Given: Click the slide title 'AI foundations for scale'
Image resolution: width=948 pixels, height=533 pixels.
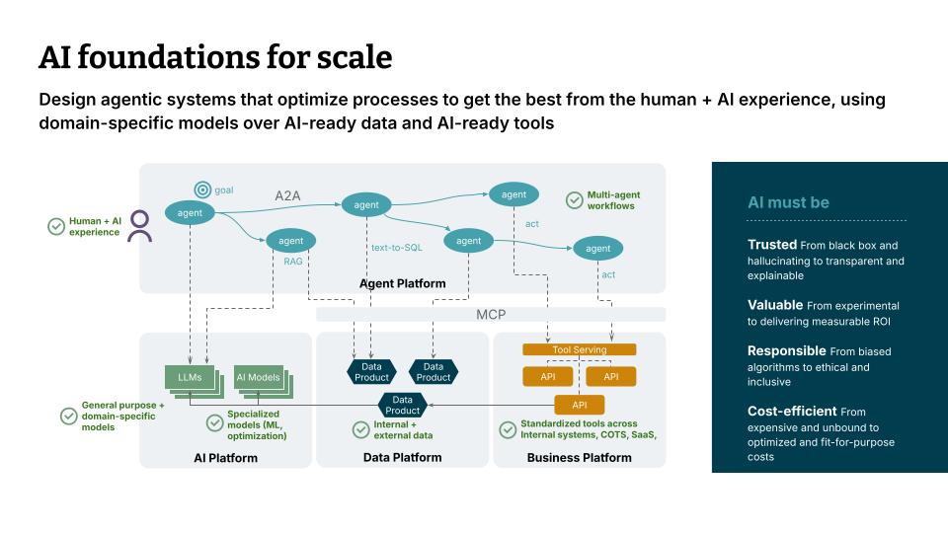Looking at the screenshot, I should click(214, 58).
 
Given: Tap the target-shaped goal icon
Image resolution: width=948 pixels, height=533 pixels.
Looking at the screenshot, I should click(202, 190).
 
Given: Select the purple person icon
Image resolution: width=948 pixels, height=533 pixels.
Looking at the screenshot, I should click(140, 226).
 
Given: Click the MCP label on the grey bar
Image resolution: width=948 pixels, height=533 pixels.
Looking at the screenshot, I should click(490, 315).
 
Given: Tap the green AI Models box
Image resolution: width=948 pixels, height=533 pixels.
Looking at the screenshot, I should click(257, 378).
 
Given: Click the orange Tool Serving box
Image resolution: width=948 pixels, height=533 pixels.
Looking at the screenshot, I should click(580, 349).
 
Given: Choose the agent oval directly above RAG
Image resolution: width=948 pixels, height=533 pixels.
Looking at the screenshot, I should click(290, 240).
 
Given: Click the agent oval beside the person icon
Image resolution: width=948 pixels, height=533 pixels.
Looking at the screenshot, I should click(190, 213).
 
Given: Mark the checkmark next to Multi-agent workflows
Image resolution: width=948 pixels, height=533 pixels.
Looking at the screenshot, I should click(574, 200).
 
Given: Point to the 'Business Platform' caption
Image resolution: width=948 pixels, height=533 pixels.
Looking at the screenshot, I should click(579, 458).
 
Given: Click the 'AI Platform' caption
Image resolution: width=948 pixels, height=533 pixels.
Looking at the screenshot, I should click(225, 458).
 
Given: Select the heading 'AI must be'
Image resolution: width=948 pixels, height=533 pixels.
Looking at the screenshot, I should click(788, 202).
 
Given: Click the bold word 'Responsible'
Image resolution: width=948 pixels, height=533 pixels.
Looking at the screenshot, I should click(786, 350).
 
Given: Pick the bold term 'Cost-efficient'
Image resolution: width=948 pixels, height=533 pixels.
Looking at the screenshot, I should click(792, 411).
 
